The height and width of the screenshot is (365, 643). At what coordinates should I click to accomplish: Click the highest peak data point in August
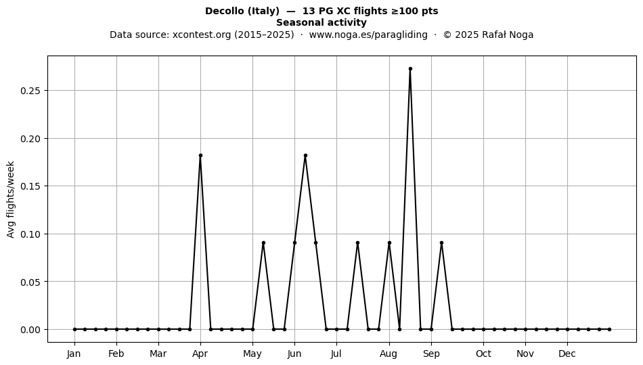pyautogui.click(x=410, y=69)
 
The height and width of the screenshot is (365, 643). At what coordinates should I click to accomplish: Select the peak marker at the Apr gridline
pyautogui.click(x=200, y=156)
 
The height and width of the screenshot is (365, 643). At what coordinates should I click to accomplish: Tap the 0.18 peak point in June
pyautogui.click(x=305, y=156)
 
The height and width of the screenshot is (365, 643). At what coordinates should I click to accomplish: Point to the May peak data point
pyautogui.click(x=263, y=243)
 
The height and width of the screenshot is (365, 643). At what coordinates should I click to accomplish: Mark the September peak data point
pyautogui.click(x=442, y=243)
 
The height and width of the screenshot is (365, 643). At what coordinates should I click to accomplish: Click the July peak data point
pyautogui.click(x=357, y=243)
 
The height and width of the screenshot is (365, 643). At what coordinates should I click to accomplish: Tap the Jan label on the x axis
pyautogui.click(x=74, y=354)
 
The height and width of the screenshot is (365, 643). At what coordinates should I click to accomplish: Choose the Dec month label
pyautogui.click(x=568, y=354)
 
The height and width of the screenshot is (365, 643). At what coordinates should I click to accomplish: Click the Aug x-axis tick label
pyautogui.click(x=389, y=354)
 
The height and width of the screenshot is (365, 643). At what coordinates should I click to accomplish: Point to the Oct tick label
pyautogui.click(x=483, y=354)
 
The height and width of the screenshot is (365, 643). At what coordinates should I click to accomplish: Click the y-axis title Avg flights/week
pyautogui.click(x=11, y=199)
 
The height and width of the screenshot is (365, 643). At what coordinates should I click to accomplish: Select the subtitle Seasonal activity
pyautogui.click(x=321, y=22)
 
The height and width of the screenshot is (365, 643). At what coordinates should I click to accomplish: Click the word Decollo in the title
pyautogui.click(x=224, y=11)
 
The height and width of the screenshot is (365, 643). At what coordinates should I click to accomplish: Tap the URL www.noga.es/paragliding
pyautogui.click(x=368, y=35)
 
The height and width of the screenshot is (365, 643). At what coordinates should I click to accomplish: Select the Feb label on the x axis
pyautogui.click(x=116, y=354)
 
